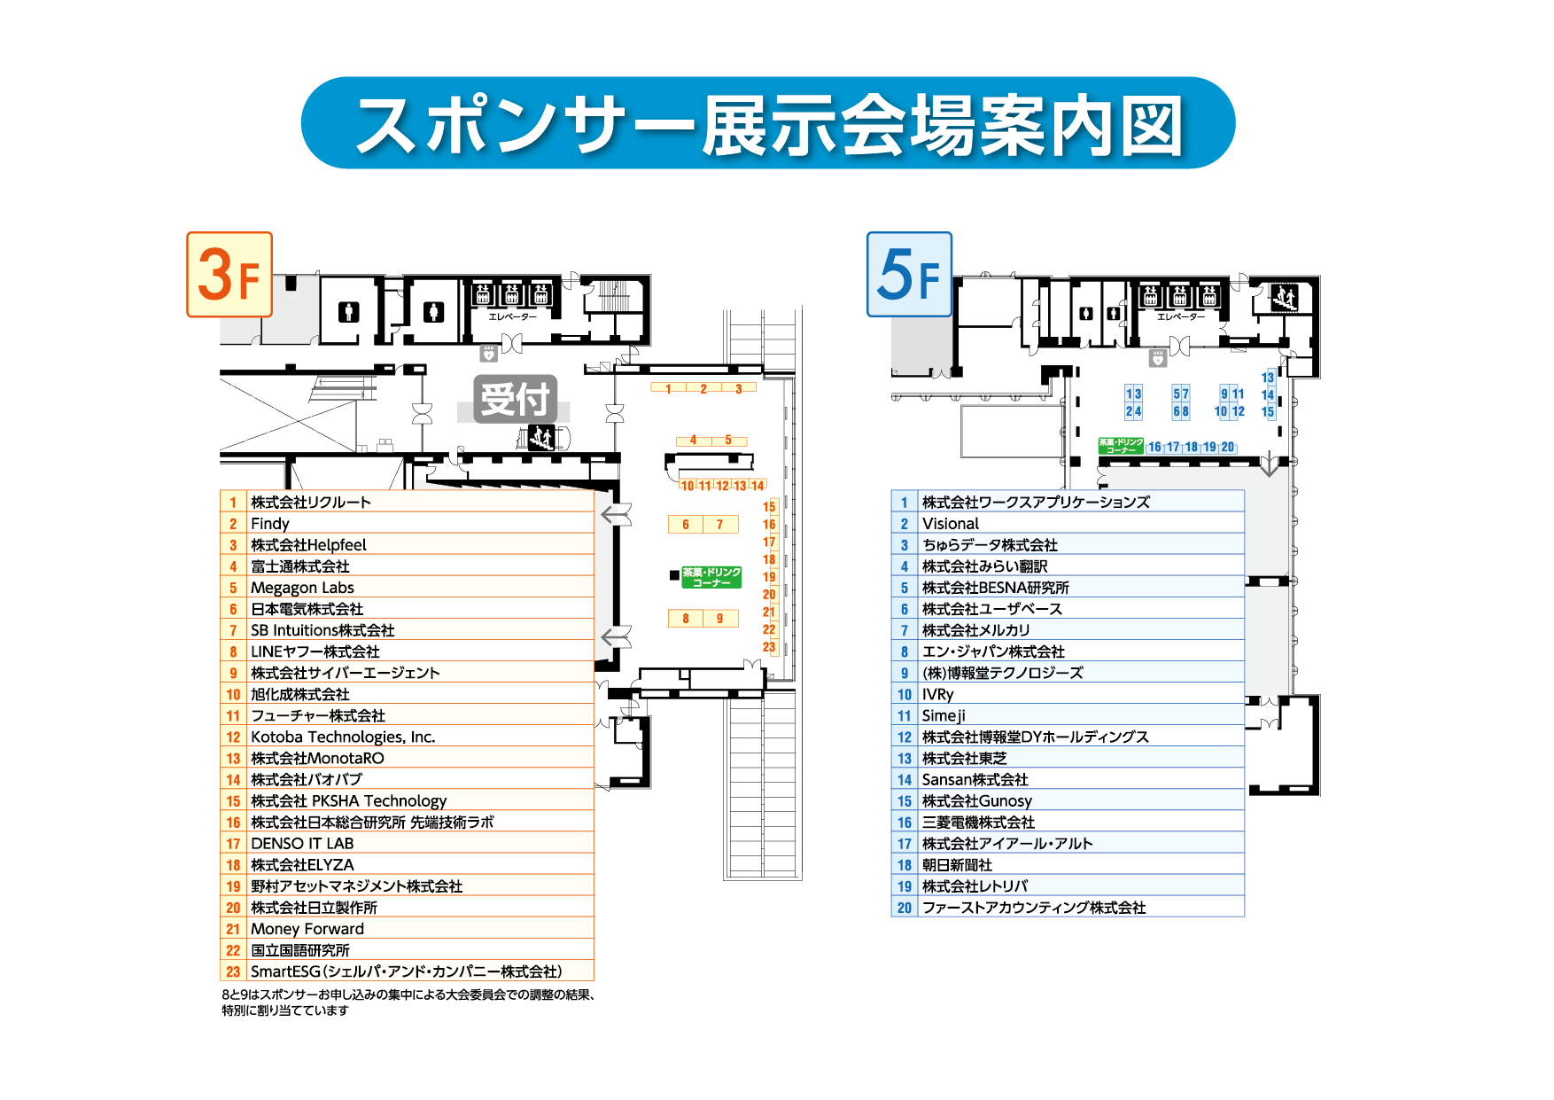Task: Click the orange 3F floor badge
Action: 229,275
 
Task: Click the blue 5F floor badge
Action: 909,275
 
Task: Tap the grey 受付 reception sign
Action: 515,399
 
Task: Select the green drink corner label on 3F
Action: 711,577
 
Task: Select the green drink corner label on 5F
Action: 1120,446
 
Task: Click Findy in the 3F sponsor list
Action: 270,524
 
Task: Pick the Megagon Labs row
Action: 302,588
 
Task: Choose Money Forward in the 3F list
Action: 307,929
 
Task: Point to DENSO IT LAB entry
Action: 302,844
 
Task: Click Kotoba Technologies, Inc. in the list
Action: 343,737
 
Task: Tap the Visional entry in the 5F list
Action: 951,524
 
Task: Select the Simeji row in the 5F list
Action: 944,715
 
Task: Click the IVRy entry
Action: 937,694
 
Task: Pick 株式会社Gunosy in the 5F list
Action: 976,800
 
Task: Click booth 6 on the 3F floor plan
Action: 686,524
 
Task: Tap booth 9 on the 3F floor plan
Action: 720,619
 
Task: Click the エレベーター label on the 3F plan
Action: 512,316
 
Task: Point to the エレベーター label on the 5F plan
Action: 1180,316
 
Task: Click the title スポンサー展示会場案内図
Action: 768,124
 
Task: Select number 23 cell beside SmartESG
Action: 233,971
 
